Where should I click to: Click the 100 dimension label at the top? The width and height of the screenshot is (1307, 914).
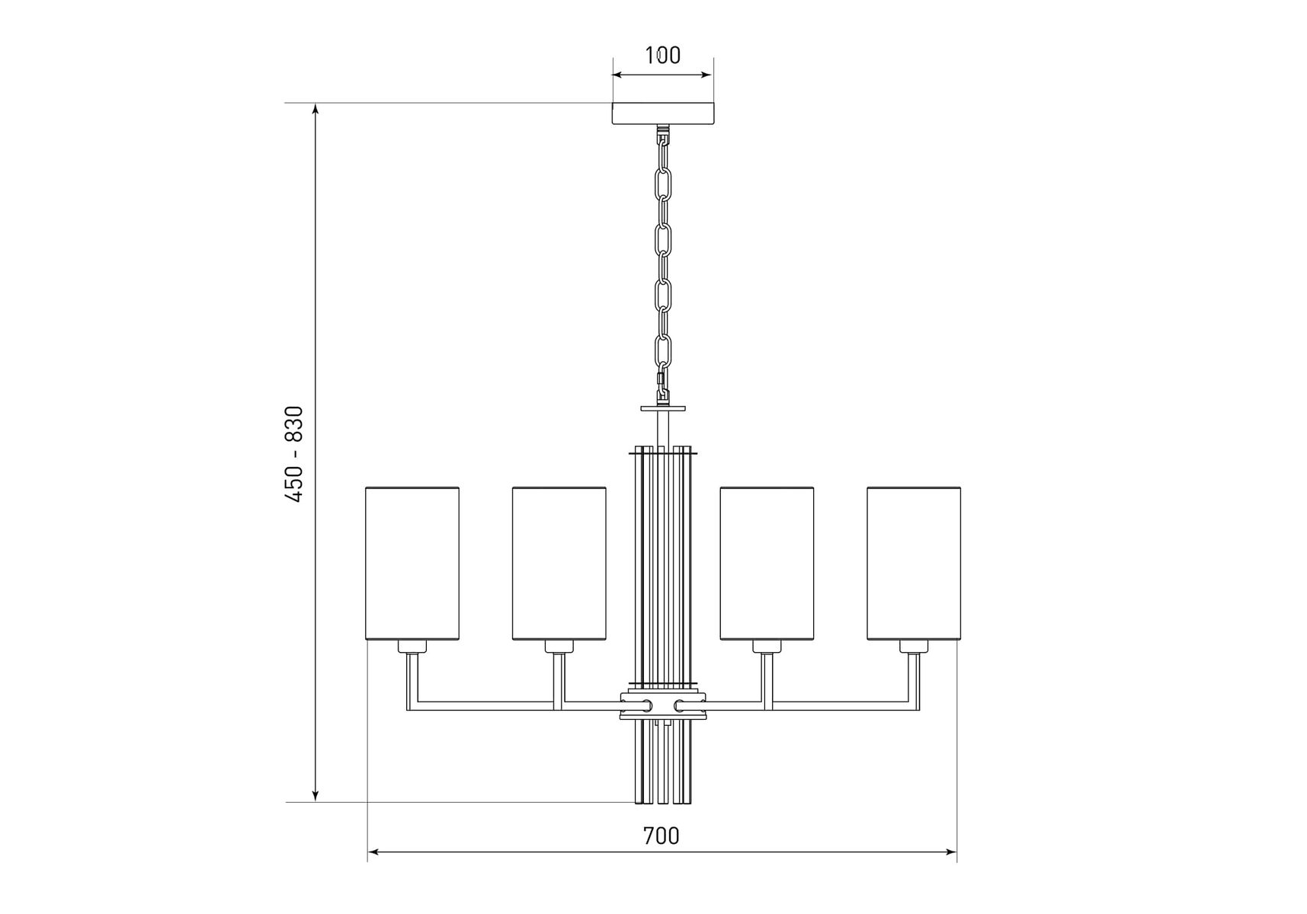[662, 56]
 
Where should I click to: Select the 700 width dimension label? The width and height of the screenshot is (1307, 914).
[661, 836]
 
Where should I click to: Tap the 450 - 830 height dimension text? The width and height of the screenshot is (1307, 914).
[294, 454]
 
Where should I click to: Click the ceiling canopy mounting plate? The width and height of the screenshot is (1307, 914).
[662, 113]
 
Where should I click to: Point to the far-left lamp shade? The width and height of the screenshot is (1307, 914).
[412, 563]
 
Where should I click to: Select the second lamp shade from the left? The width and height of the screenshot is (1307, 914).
[559, 563]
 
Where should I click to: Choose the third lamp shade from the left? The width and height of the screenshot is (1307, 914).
[767, 563]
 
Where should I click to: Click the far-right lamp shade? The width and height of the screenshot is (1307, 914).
[914, 563]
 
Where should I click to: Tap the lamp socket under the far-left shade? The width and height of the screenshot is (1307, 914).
[412, 647]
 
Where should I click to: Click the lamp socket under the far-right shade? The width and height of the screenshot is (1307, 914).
[913, 647]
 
